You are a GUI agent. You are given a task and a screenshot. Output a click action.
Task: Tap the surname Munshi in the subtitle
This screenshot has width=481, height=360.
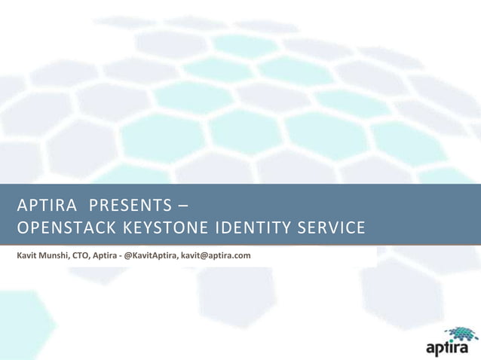click(x=60, y=256)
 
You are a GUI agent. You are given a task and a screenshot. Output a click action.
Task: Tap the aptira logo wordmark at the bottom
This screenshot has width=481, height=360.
click(x=446, y=349)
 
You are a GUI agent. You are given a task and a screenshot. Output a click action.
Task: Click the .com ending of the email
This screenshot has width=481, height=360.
click(x=242, y=256)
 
